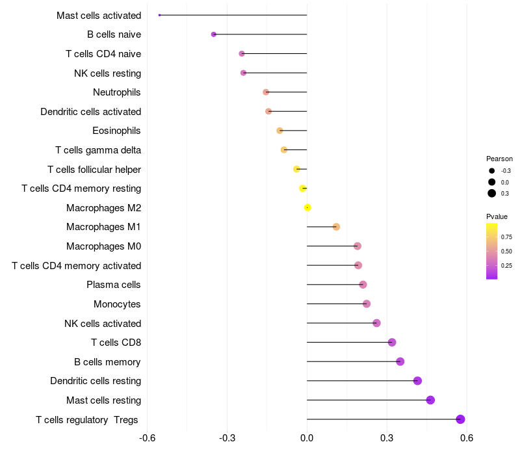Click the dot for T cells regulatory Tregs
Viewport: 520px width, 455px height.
point(460,419)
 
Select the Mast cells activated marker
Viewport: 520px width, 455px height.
point(160,15)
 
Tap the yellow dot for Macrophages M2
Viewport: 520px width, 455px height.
point(307,207)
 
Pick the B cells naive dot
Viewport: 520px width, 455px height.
point(214,34)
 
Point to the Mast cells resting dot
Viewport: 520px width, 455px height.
point(430,400)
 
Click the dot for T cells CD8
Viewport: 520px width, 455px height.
point(392,343)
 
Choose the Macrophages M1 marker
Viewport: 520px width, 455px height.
point(336,227)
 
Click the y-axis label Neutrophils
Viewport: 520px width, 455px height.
point(117,92)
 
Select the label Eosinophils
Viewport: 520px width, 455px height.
point(117,131)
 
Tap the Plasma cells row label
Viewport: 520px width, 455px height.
point(114,285)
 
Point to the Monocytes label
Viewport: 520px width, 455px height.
point(117,304)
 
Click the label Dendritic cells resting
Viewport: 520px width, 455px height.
point(96,381)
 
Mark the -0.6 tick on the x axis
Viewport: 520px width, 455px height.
point(148,439)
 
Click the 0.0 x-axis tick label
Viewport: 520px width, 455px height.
point(307,439)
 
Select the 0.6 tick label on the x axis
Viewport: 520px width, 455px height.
point(467,439)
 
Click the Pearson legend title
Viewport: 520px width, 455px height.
point(499,159)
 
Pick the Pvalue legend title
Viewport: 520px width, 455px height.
point(497,216)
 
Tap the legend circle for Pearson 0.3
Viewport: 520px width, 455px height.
point(492,193)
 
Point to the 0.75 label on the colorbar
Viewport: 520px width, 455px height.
point(506,237)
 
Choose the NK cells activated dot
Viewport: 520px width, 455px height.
point(376,323)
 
